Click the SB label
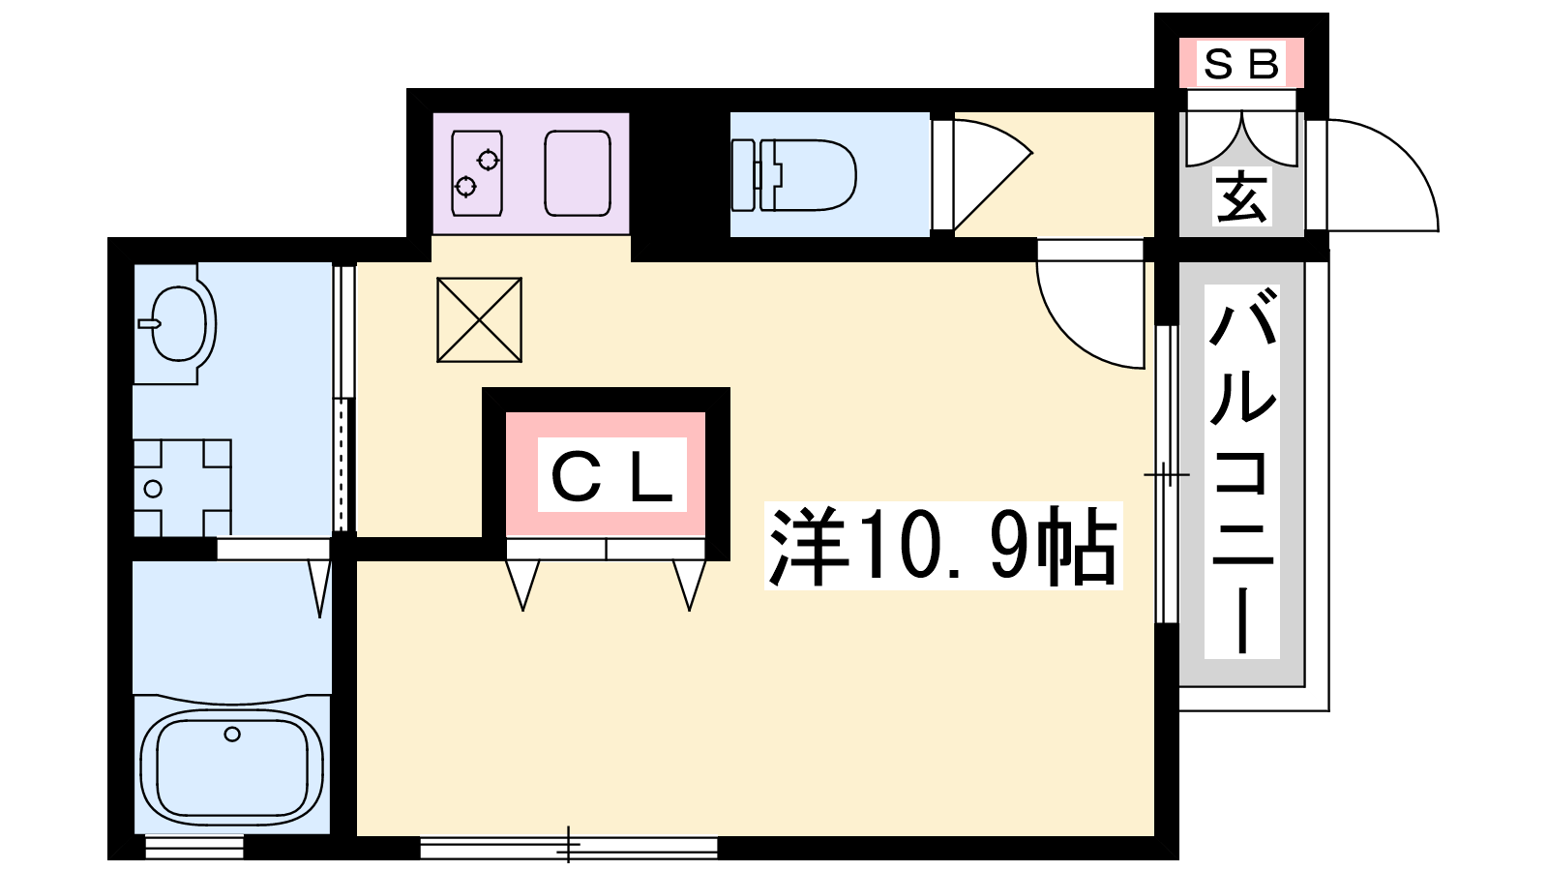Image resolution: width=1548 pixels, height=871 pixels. tap(1241, 64)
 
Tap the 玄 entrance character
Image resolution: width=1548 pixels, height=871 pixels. tap(1242, 196)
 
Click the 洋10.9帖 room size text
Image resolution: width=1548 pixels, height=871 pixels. tap(942, 546)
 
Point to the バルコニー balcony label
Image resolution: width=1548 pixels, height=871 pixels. tap(1242, 471)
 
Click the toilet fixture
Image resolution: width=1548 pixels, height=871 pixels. tap(794, 175)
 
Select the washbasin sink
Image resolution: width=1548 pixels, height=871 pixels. tap(176, 323)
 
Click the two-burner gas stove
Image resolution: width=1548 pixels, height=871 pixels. tap(477, 173)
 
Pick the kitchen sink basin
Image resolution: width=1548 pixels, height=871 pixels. tap(578, 173)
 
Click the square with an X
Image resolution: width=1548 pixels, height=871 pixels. tap(479, 320)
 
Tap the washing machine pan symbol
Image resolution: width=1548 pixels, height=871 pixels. tap(182, 488)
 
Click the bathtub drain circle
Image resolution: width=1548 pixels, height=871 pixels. tap(232, 735)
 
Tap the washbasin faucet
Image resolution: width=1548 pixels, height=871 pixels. tap(149, 323)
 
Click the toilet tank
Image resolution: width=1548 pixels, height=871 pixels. tap(743, 175)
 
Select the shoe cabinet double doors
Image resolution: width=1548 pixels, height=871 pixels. tap(1242, 139)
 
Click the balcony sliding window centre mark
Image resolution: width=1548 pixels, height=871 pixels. tap(1167, 475)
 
